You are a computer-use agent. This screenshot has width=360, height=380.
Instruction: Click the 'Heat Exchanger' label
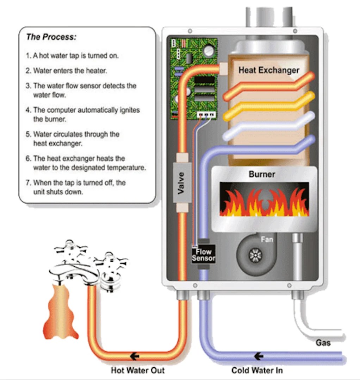coord(269,70)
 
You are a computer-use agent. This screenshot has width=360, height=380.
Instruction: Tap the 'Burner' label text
coord(262,174)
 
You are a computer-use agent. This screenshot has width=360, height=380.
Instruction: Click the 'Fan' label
coord(267,240)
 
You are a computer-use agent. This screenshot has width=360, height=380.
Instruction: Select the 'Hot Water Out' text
coord(138,370)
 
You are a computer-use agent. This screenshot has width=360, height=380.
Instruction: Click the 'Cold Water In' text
coord(257,370)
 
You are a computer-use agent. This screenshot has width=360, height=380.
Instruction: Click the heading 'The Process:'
coord(51,37)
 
